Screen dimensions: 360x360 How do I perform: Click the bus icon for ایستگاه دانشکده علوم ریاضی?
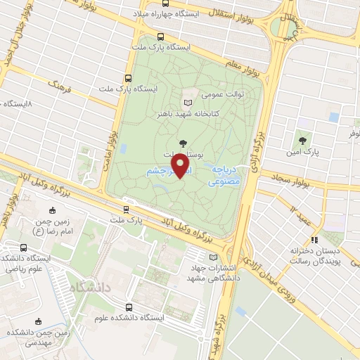[x=25, y=247]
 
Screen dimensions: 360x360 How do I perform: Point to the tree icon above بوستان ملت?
[x=183, y=143]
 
